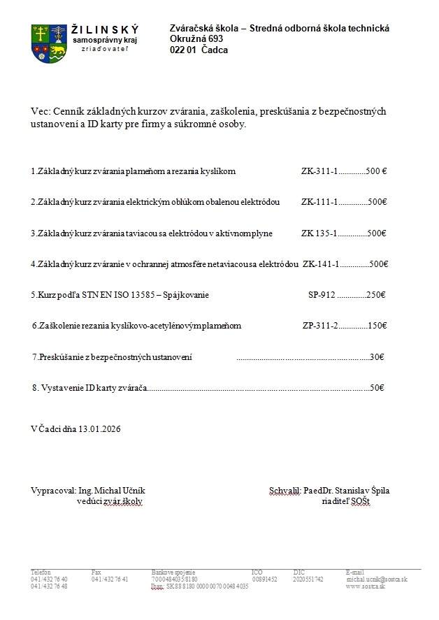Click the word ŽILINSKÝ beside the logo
click(x=105, y=29)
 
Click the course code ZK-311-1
click(x=319, y=171)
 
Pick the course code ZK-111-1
click(x=319, y=202)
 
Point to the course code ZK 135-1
click(x=319, y=233)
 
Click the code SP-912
click(x=322, y=295)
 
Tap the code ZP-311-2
click(x=320, y=326)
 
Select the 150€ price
click(x=377, y=326)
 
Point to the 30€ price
click(x=376, y=356)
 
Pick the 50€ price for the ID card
click(x=376, y=387)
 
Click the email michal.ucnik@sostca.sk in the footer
click(x=376, y=579)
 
